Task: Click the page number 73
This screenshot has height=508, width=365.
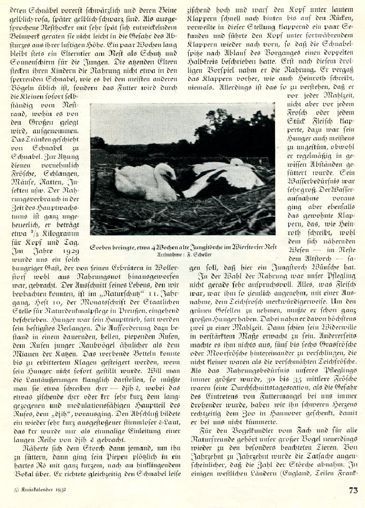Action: (353, 490)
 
